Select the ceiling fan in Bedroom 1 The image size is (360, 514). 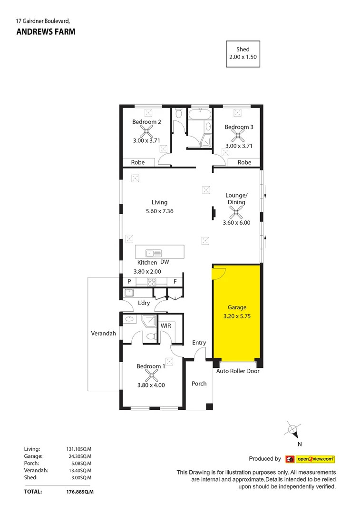[151, 376]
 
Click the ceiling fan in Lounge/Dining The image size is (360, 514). [236, 212]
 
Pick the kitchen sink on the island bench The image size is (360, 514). [154, 253]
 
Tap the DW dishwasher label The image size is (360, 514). [165, 262]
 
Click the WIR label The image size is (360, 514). [166, 326]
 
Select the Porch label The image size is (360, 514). [199, 384]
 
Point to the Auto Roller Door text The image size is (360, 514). [238, 371]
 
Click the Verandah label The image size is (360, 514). [103, 334]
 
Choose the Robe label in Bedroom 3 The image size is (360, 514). [244, 162]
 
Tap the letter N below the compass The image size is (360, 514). [299, 444]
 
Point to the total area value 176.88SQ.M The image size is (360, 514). [79, 492]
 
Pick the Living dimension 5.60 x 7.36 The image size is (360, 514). [159, 211]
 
